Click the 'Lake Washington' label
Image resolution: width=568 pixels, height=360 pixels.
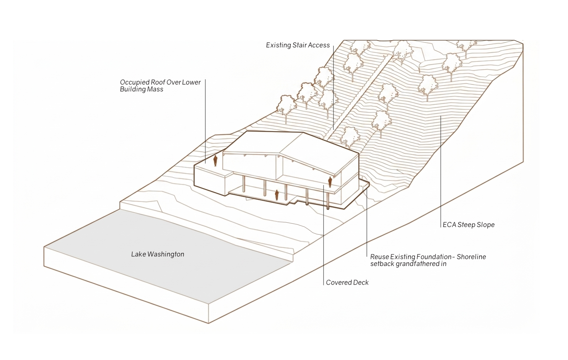(x=158, y=254)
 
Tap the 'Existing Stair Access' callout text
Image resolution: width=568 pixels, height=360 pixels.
(x=298, y=45)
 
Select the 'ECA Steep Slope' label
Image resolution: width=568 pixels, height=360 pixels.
(x=469, y=225)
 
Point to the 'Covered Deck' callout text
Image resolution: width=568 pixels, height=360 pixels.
(x=347, y=283)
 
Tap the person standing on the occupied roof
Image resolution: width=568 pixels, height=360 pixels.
(x=215, y=161)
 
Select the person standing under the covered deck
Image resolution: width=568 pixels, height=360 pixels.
(x=277, y=195)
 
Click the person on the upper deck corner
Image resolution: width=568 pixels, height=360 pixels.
(x=330, y=182)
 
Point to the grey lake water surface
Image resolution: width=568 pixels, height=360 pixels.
(x=168, y=256)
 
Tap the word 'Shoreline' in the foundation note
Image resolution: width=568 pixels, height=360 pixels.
(x=471, y=257)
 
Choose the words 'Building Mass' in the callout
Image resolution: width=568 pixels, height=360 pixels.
(x=142, y=89)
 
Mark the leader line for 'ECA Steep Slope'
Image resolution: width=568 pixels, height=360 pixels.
(x=441, y=171)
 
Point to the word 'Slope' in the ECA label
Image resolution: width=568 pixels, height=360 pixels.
(x=485, y=225)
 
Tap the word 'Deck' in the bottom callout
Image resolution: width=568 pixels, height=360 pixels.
(x=361, y=283)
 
